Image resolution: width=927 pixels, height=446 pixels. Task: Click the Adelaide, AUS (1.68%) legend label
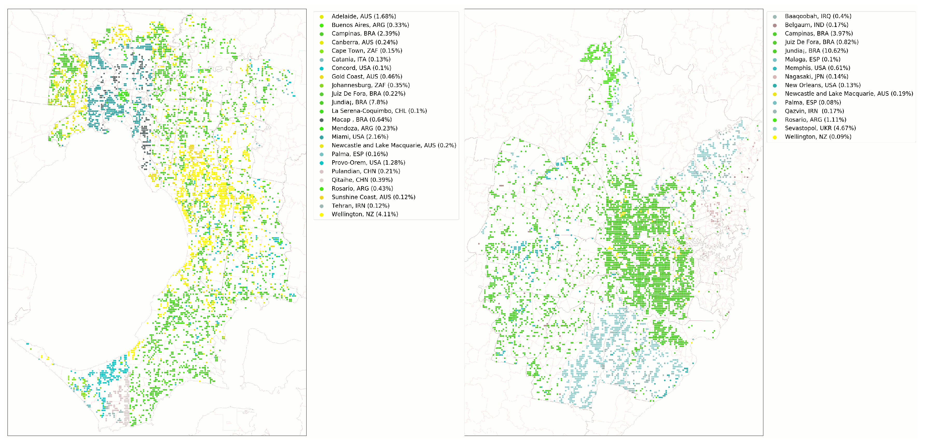pos(363,17)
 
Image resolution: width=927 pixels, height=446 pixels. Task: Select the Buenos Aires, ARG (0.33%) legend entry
pos(370,25)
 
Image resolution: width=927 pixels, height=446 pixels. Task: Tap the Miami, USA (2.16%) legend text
pos(359,137)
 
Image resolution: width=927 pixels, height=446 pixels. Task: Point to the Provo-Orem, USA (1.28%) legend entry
pos(368,163)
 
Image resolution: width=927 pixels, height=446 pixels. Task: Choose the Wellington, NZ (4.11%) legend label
pos(364,214)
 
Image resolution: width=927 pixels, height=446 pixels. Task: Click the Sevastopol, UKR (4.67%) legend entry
pos(820,128)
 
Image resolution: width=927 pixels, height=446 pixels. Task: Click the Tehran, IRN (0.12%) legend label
pos(360,206)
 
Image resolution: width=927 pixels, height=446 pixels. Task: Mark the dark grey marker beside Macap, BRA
pos(321,120)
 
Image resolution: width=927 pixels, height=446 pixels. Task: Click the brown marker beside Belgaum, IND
pos(774,25)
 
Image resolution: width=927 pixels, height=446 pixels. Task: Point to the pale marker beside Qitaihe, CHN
pos(321,180)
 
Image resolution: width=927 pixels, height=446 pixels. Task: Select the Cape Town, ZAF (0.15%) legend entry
pos(367,51)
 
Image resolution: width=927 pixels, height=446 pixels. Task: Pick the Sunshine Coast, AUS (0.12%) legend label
pos(373,197)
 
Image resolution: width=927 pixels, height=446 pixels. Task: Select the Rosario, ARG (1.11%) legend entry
pos(815,120)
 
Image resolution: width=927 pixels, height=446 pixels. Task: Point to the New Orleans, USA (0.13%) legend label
pos(822,85)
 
